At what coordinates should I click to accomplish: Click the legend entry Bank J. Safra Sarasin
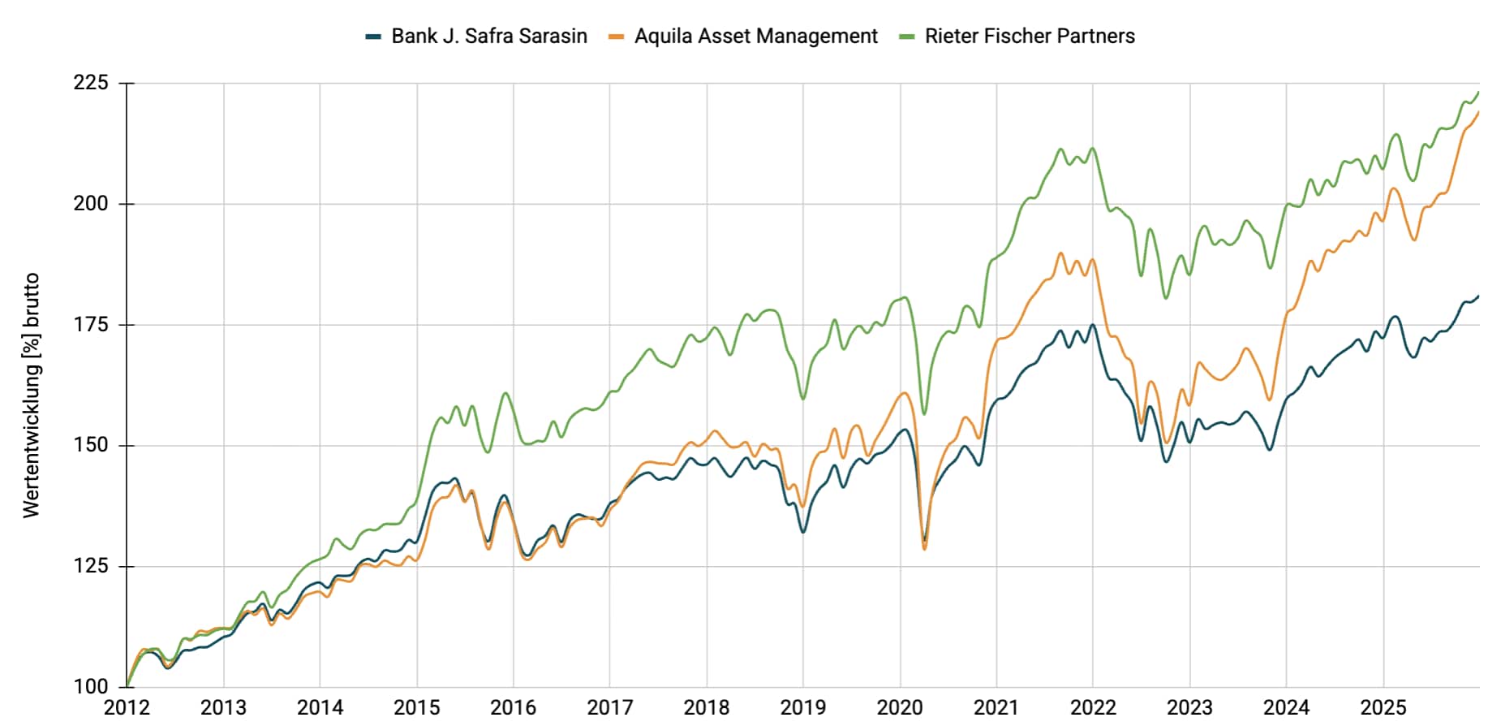[488, 37]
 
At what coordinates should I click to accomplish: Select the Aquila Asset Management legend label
[755, 37]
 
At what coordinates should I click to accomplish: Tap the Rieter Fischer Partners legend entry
[1029, 37]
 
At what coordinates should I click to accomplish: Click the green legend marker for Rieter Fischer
[907, 37]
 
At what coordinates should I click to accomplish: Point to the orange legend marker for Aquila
[617, 37]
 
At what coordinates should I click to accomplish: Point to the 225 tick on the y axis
[90, 83]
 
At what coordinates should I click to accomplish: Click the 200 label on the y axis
[90, 204]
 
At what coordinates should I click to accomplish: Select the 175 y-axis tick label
[90, 325]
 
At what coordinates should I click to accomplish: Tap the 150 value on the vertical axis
[90, 445]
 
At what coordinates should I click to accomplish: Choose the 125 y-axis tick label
[90, 566]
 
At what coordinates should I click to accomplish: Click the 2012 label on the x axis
[127, 708]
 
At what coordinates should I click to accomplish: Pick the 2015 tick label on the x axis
[417, 708]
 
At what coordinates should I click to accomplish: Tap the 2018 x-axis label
[707, 708]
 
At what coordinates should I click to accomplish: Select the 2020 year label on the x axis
[900, 708]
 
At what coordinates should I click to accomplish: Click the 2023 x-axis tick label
[1189, 708]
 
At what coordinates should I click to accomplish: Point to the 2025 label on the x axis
[1383, 708]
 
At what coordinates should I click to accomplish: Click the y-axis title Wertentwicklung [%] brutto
[31, 395]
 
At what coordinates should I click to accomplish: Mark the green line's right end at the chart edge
[1478, 92]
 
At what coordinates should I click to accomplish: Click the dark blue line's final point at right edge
[1478, 296]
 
